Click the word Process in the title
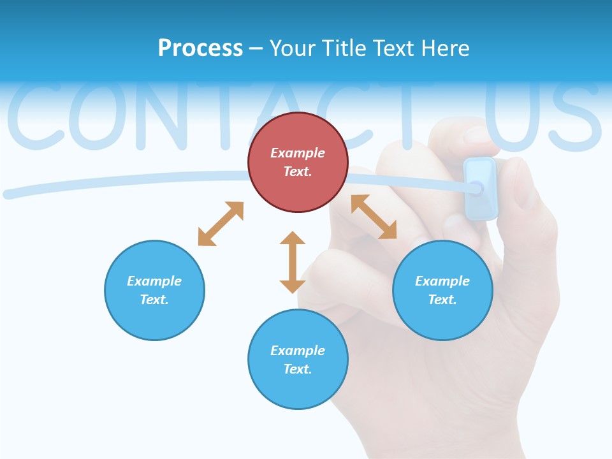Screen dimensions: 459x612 tap(200, 48)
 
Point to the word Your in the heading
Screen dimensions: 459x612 tap(293, 48)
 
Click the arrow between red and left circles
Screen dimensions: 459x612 tap(221, 224)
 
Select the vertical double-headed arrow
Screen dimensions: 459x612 tap(293, 262)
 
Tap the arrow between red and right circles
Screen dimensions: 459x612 tap(374, 217)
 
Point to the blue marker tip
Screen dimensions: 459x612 tap(476, 187)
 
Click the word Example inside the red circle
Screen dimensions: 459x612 tap(298, 153)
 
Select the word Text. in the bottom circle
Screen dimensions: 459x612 tap(298, 369)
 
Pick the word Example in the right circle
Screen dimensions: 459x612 tap(442, 281)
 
